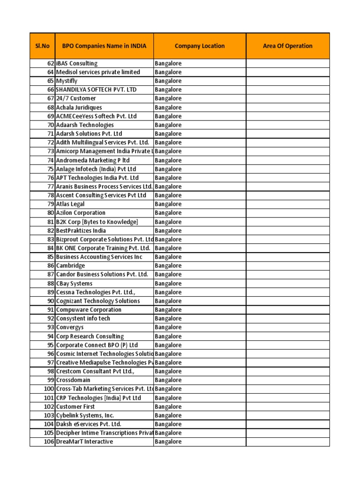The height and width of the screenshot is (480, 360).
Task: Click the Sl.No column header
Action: click(42, 46)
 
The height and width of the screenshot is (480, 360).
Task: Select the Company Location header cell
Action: click(200, 46)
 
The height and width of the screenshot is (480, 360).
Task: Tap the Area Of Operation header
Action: click(288, 46)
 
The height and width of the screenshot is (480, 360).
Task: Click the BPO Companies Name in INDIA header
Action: click(104, 46)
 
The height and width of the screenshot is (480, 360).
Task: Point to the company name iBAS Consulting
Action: click(77, 63)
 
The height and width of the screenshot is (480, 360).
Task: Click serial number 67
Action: click(51, 98)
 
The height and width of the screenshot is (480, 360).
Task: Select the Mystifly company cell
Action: click(67, 81)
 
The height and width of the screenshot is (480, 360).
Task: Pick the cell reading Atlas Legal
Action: click(70, 204)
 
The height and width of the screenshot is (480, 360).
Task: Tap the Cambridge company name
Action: click(71, 266)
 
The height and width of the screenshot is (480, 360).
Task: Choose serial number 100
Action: click(49, 389)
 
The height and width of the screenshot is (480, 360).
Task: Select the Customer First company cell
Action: click(75, 406)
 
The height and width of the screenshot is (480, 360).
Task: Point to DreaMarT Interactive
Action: click(84, 442)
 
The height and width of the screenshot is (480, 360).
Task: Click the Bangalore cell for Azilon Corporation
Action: click(168, 213)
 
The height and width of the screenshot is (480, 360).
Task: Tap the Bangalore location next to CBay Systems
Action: click(168, 283)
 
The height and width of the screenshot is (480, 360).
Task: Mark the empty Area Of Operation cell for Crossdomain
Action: click(288, 380)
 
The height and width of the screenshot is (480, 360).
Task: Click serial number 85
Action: click(51, 257)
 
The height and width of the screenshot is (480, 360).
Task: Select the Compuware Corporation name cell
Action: click(89, 310)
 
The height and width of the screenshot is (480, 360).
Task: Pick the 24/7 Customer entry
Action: click(76, 98)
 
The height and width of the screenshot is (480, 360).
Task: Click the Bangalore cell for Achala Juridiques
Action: click(168, 107)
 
